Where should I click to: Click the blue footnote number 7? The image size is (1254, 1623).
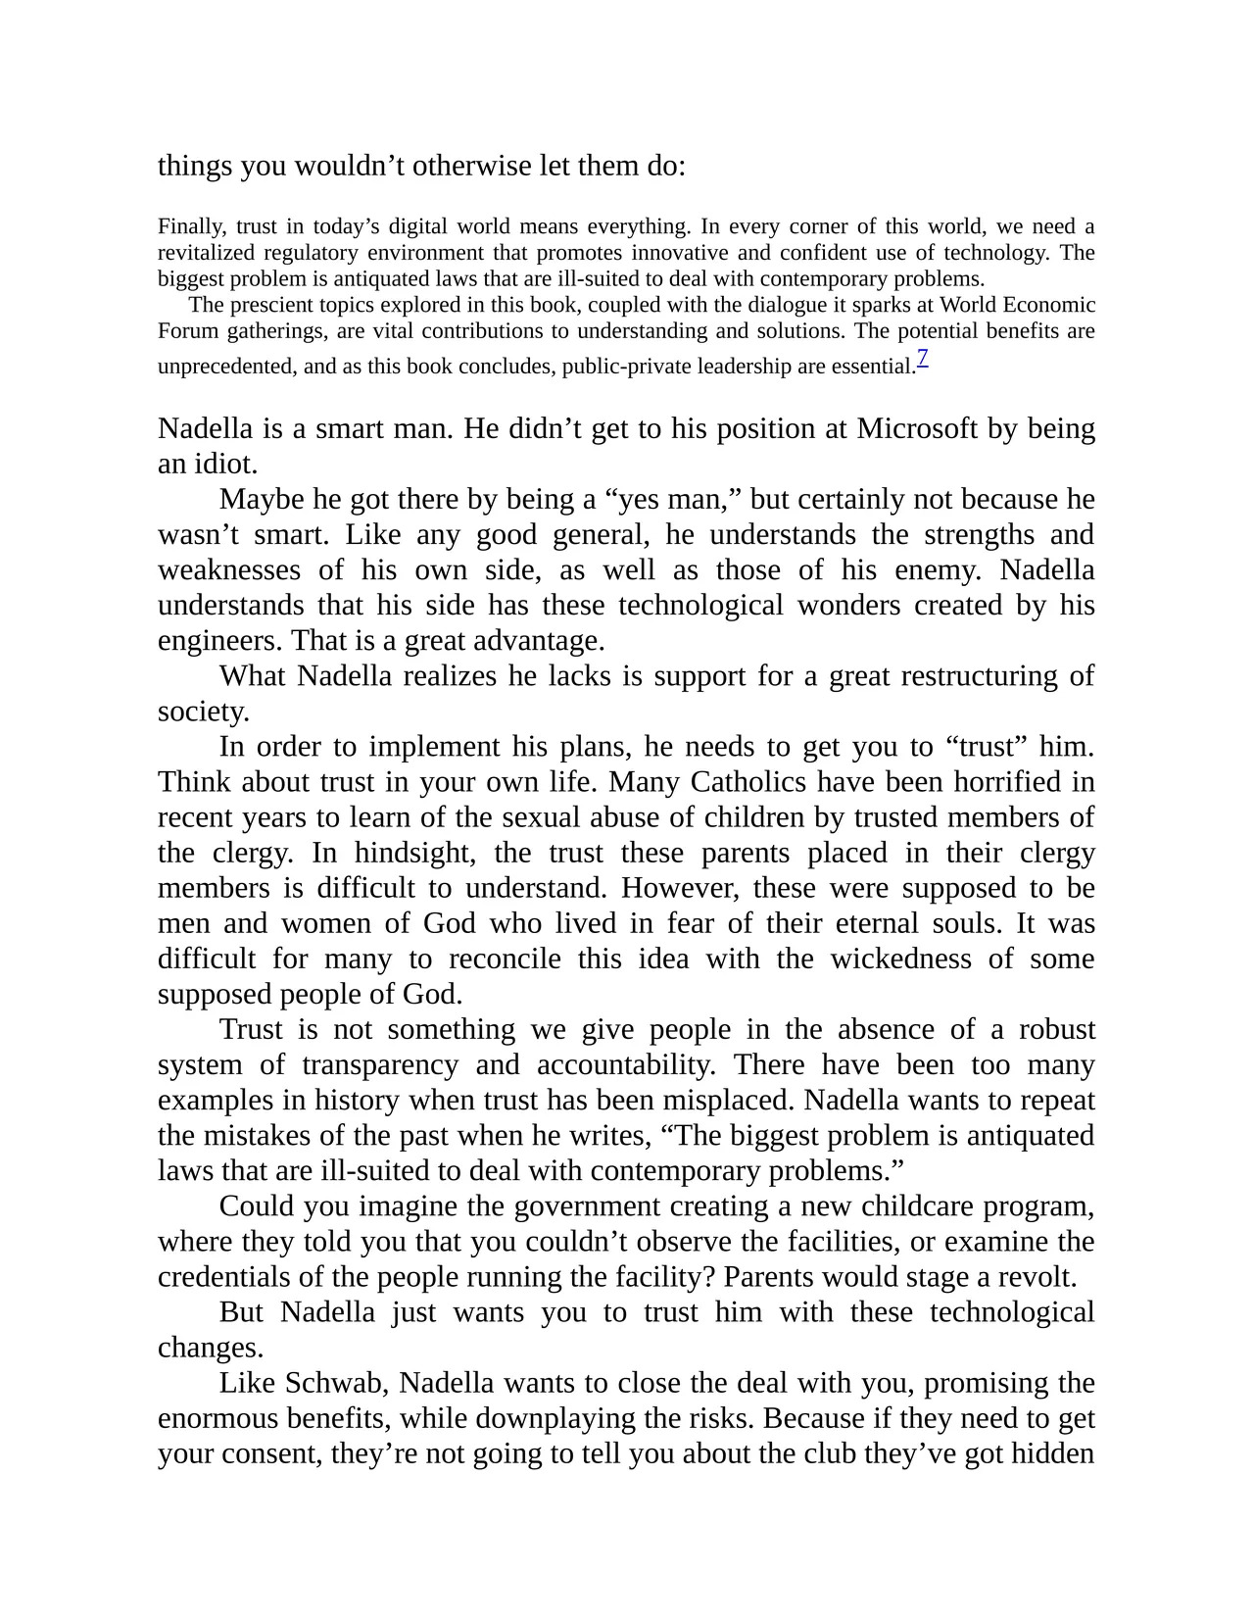(923, 359)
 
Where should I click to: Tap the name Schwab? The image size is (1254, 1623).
(333, 1383)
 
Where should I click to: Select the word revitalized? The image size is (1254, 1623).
(206, 253)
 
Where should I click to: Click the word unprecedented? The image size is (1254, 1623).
(226, 368)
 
